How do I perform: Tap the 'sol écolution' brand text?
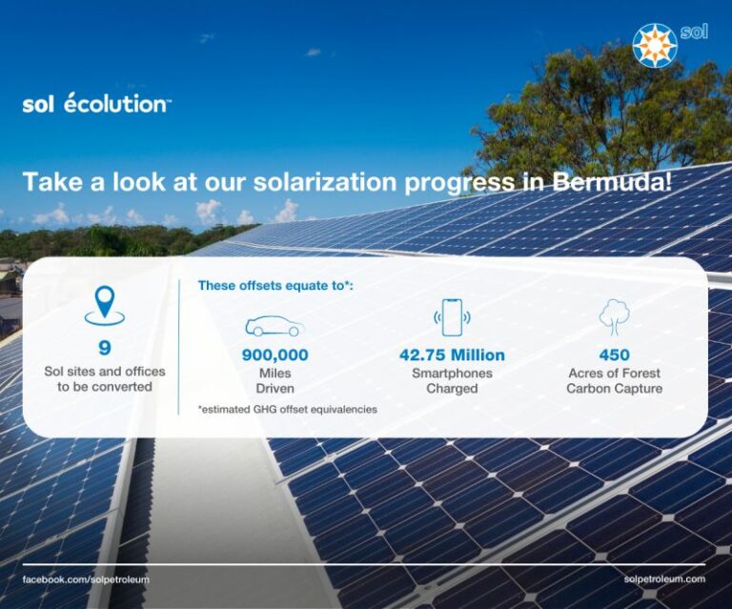pos(96,105)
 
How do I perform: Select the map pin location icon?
pos(104,305)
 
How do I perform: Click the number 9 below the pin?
pos(104,348)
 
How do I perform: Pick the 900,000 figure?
pos(274,355)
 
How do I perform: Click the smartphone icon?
pos(452,317)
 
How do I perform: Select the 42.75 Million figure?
pos(452,355)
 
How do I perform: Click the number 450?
pos(614,355)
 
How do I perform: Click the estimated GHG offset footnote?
pos(287,409)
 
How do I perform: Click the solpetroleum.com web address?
pos(664,579)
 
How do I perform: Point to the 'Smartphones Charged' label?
pos(452,380)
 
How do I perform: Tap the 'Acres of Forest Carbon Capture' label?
pos(614,380)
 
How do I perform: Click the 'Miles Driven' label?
pos(274,380)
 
